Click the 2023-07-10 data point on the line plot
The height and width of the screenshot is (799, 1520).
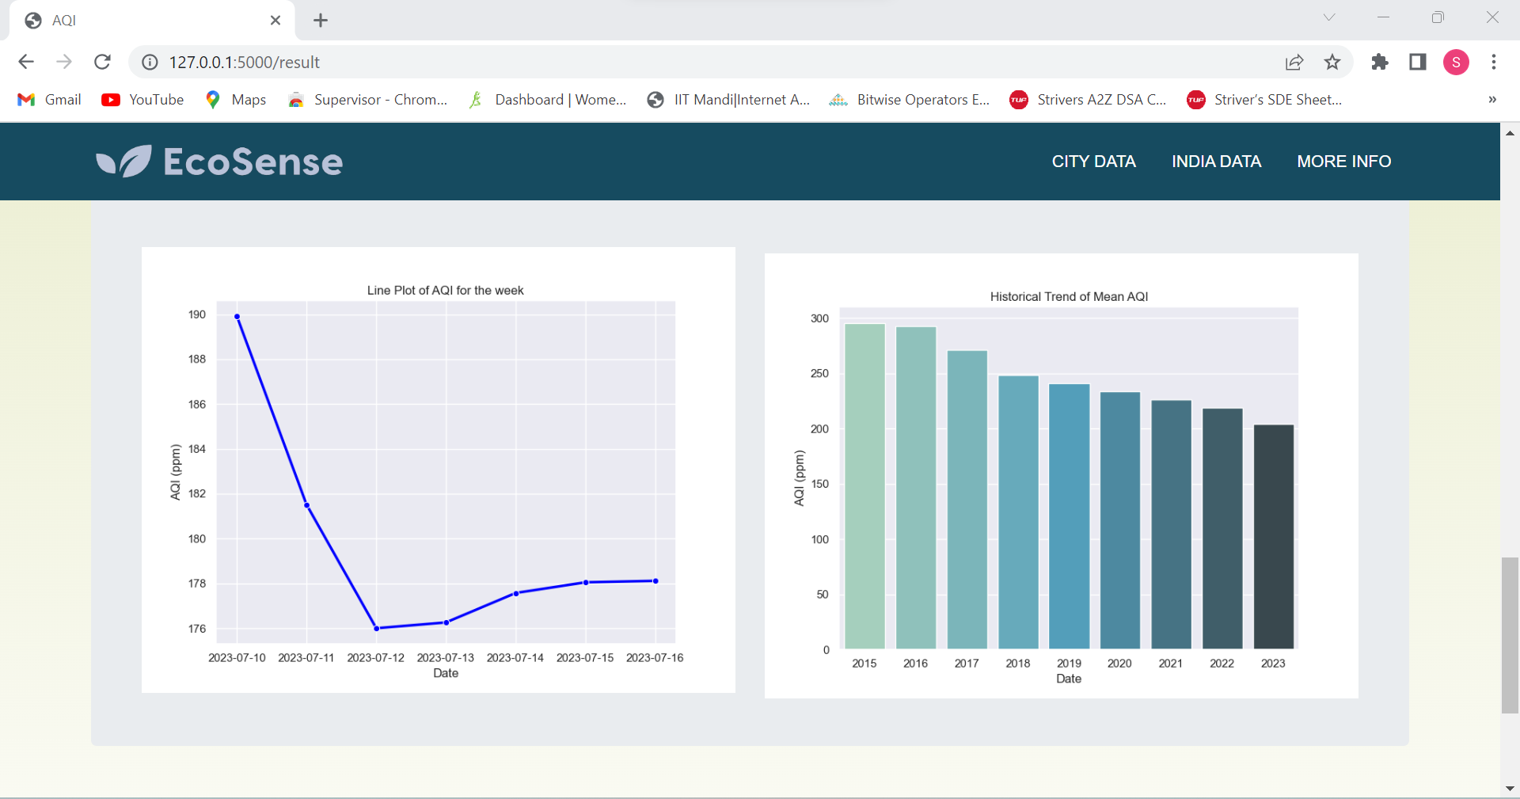click(x=237, y=317)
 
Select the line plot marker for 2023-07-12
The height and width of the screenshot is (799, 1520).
click(x=377, y=628)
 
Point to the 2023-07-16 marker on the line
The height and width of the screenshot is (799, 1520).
click(x=655, y=581)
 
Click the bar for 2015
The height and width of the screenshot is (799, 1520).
click(x=864, y=486)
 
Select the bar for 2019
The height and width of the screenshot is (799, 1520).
click(x=1069, y=516)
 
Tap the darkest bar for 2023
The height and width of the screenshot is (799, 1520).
click(x=1273, y=537)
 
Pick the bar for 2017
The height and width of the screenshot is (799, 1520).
click(x=967, y=500)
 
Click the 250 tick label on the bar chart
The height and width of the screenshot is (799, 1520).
click(x=819, y=374)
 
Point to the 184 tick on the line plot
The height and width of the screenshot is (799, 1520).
click(x=197, y=449)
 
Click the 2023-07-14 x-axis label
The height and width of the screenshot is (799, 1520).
click(x=515, y=658)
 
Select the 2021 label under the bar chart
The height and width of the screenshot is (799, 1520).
click(x=1170, y=664)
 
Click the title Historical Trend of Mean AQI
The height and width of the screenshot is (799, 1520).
click(x=1069, y=297)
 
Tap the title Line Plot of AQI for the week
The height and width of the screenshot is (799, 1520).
click(x=445, y=291)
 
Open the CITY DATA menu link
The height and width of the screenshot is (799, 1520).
click(x=1093, y=162)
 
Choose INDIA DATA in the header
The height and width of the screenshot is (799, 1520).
click(x=1216, y=162)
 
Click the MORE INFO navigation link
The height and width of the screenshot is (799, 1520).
click(x=1343, y=162)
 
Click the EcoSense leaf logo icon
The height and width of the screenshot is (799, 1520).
click(x=124, y=162)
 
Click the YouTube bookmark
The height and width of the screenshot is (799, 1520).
click(x=143, y=100)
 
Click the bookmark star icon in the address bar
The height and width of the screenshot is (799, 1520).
click(x=1332, y=63)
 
